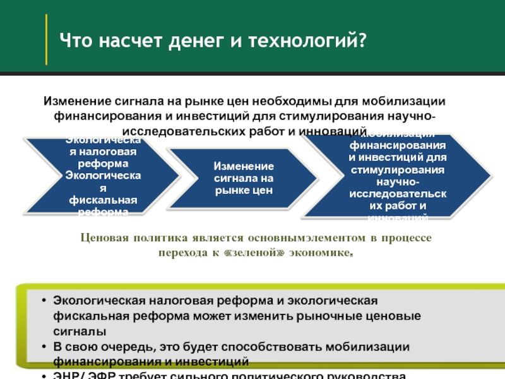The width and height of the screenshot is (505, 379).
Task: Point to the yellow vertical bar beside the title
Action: pos(46,39)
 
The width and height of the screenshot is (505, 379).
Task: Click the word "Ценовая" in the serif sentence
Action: pos(104,238)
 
